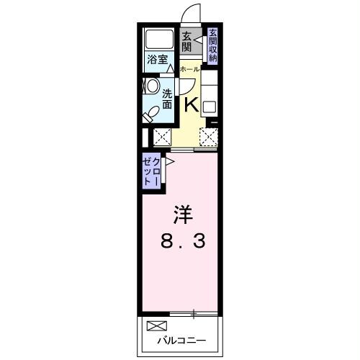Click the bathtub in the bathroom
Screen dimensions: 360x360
158,40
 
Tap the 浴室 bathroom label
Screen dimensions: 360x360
158,60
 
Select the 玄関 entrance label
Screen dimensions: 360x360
186,42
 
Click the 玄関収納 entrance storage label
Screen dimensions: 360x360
213,45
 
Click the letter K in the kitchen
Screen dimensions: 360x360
191,104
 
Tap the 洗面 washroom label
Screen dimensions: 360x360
167,99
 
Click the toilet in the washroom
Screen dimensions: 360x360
152,113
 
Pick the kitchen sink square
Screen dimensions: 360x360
209,107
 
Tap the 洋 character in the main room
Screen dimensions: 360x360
182,215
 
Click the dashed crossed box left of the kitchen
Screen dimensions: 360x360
162,135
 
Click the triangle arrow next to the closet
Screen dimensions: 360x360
170,163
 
